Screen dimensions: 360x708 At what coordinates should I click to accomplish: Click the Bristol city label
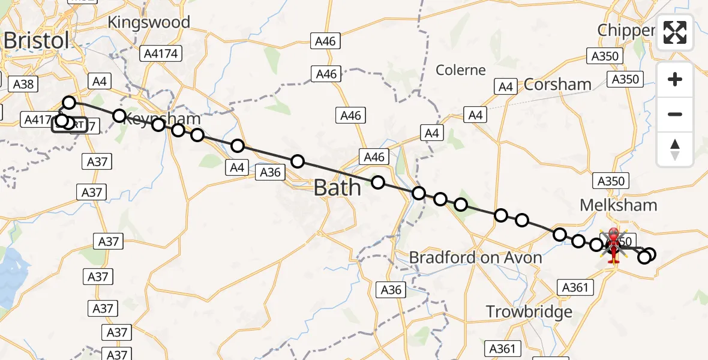click(36, 41)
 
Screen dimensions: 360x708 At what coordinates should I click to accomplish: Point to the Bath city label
click(337, 188)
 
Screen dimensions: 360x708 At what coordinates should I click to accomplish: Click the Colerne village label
click(461, 70)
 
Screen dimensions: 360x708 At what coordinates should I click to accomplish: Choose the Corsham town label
click(557, 85)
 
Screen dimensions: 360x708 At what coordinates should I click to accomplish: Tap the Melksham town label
click(618, 205)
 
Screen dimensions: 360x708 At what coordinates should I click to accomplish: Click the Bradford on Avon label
click(475, 258)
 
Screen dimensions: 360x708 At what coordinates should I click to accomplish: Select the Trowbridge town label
click(529, 312)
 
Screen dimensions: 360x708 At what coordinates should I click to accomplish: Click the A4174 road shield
click(161, 54)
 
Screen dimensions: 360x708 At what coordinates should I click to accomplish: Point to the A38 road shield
click(23, 84)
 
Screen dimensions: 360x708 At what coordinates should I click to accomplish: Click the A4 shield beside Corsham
click(506, 87)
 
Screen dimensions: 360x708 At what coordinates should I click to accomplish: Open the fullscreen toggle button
click(675, 32)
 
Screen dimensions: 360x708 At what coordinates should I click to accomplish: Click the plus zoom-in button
click(675, 80)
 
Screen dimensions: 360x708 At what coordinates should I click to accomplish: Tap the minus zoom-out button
click(675, 114)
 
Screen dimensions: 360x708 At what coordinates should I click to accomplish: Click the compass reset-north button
click(675, 149)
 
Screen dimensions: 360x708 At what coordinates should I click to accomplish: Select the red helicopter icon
click(613, 245)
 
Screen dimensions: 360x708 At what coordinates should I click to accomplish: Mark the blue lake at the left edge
click(12, 276)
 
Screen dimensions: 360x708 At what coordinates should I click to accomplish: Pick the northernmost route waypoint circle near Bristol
click(70, 103)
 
